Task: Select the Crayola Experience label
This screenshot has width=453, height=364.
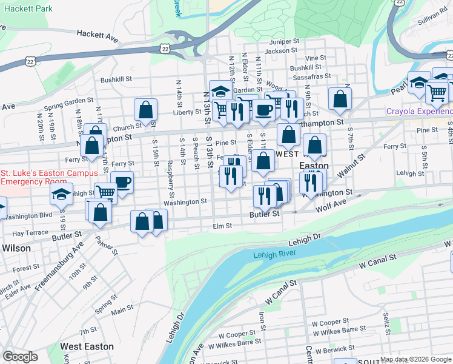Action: pos(420,112)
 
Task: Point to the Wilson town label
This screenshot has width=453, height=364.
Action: pos(16,248)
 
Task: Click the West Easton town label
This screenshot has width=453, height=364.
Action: pos(87,346)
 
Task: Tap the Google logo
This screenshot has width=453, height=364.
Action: pos(20,357)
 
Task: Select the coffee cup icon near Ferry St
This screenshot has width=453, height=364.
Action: pos(122,181)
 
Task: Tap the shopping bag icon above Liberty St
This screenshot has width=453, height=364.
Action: pos(145,110)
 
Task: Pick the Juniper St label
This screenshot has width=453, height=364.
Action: pos(285,42)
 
